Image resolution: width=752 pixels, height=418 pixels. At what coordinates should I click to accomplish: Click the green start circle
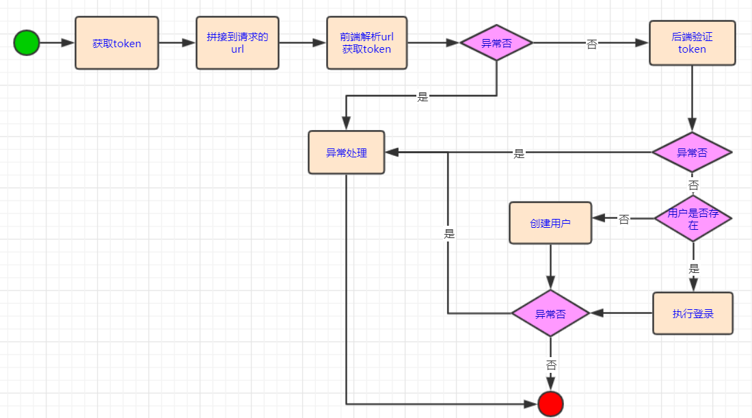tap(26, 43)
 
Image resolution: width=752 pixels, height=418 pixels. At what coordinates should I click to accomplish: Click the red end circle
tap(550, 404)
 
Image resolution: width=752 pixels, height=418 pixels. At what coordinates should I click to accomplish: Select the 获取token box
tap(116, 43)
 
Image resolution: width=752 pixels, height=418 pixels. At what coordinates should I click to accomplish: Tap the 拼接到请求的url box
tap(237, 42)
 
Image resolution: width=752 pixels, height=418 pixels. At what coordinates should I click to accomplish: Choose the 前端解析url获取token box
tap(366, 43)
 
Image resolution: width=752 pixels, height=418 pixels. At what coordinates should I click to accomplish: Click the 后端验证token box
tap(692, 43)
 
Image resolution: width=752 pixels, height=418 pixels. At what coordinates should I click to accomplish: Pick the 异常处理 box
tap(346, 153)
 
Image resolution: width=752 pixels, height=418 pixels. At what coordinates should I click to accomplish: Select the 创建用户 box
tap(550, 223)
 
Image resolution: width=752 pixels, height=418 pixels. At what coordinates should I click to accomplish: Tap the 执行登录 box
tap(693, 313)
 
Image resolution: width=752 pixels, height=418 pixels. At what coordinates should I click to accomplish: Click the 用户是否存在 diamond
tap(693, 219)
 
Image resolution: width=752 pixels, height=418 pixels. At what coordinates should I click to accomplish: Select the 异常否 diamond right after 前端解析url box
tap(496, 43)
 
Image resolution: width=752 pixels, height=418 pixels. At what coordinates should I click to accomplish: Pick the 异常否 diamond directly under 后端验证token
tap(692, 153)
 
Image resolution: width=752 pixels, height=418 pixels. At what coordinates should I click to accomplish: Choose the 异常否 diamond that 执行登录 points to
tap(550, 313)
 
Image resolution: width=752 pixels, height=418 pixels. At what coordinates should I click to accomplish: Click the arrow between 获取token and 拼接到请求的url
tap(177, 43)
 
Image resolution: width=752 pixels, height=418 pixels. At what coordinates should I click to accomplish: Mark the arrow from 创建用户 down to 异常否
tap(550, 267)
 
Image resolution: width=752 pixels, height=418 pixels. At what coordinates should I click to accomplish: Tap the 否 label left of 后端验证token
tap(591, 44)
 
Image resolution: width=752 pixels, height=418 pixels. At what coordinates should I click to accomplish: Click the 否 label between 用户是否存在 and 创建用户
tap(623, 220)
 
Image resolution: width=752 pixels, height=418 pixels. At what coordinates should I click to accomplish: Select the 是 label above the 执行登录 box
tap(694, 268)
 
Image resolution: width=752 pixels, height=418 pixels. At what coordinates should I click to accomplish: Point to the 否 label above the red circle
tap(551, 365)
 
